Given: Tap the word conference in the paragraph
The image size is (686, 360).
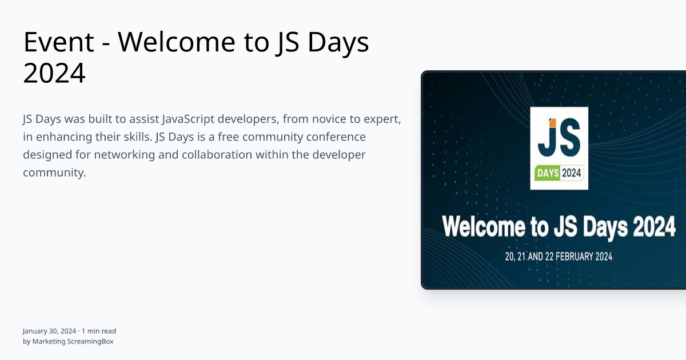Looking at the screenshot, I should coord(338,137).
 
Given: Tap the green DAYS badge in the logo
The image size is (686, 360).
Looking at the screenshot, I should coord(547,173).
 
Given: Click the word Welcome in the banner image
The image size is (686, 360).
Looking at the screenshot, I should coord(484,227).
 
